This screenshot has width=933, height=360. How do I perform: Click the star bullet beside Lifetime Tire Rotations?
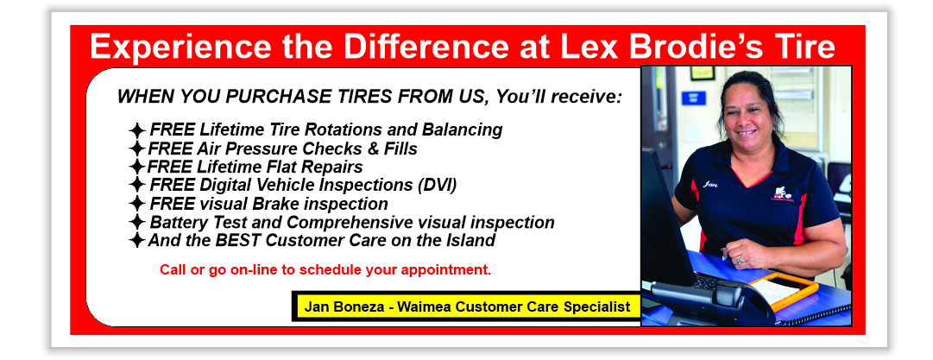click(x=136, y=130)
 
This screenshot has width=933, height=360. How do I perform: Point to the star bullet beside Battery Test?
click(x=136, y=223)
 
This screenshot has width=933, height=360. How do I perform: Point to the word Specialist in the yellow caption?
click(x=598, y=306)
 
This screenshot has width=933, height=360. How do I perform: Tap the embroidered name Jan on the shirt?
click(x=710, y=184)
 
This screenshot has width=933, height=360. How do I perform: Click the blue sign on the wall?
click(x=693, y=97)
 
